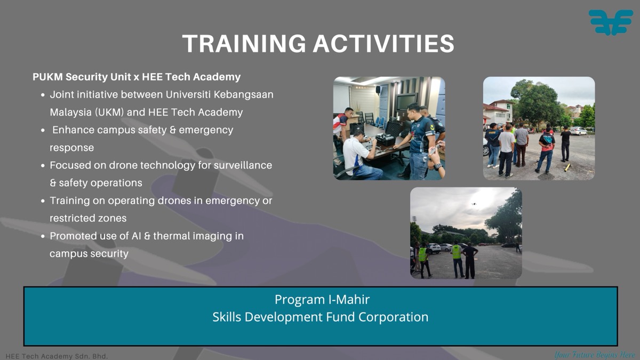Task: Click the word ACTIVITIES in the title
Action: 383,43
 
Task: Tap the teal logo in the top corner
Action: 611,22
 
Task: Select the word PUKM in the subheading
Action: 47,77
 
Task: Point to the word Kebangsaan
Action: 243,95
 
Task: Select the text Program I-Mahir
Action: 322,299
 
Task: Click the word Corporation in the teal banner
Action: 393,317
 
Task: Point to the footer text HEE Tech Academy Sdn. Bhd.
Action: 57,356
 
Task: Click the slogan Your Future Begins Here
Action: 595,355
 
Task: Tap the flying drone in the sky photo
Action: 474,204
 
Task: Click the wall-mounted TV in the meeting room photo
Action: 406,102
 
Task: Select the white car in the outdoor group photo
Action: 578,131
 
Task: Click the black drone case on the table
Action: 385,139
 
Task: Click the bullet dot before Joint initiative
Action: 43,95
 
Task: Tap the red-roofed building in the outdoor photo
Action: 498,111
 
